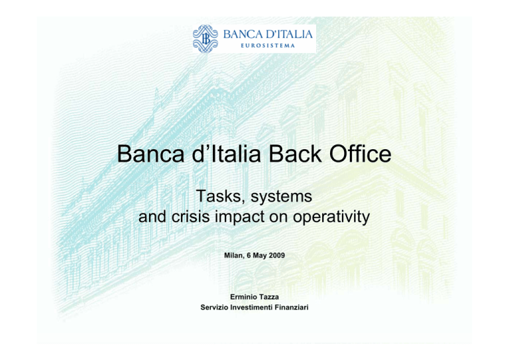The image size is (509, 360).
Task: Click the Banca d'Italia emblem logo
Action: pos(205,38)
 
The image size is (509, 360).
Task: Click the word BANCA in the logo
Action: pos(243,34)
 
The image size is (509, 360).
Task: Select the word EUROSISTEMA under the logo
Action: pos(268,46)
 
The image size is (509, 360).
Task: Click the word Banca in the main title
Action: pos(150,154)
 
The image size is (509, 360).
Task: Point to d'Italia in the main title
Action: pos(227,154)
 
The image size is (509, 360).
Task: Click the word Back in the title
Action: pos(295,154)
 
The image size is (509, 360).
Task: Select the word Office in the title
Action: pos(361,154)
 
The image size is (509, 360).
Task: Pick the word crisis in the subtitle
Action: pos(191,217)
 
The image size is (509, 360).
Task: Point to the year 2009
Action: pos(276,255)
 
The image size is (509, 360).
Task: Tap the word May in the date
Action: pos(260,256)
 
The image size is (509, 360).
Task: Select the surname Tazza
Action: pos(269,297)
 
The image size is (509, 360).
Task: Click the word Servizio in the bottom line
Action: pos(214,308)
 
